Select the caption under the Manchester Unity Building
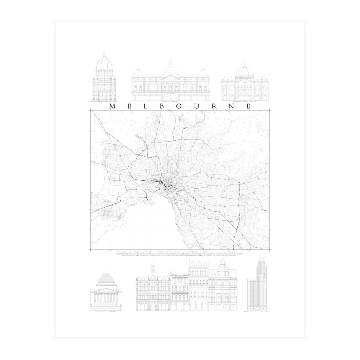click(x=257, y=312)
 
